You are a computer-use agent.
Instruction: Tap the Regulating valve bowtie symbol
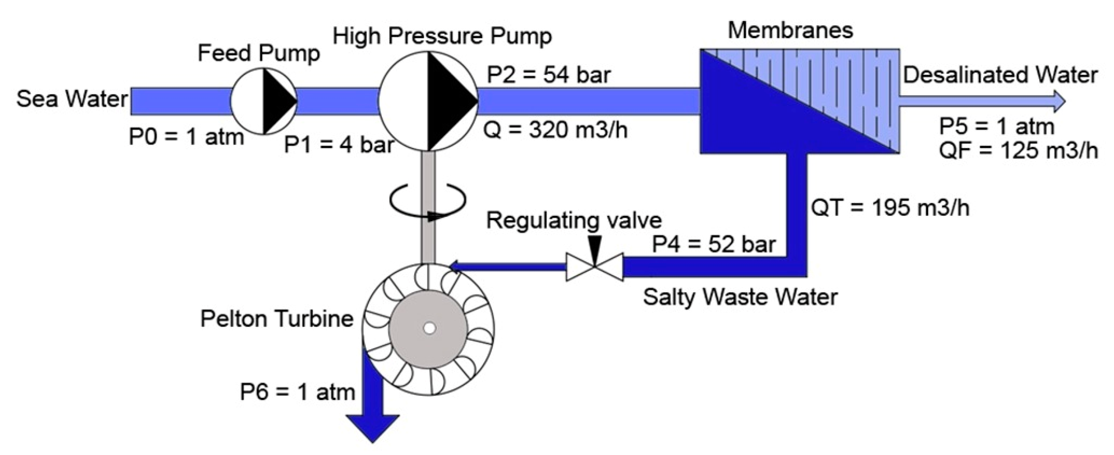595,267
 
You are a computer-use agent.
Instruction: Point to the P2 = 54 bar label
548,75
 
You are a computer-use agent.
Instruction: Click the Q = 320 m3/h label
555,129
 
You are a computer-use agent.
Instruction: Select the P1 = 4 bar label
339,145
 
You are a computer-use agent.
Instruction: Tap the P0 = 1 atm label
186,137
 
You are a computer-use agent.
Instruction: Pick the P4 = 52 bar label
713,244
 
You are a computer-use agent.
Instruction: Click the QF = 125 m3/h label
1019,150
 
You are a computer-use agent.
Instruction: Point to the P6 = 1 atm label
298,392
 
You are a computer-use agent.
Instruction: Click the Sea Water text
72,99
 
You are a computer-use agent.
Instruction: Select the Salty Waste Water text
740,297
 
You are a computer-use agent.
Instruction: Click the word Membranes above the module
790,30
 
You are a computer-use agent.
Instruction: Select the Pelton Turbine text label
277,319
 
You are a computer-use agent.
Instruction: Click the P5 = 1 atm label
997,127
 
